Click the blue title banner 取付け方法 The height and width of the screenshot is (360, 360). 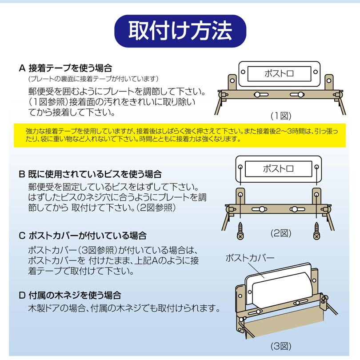(x=180, y=31)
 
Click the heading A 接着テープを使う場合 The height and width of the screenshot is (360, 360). (x=65, y=68)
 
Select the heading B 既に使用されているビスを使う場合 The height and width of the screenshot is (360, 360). (x=90, y=174)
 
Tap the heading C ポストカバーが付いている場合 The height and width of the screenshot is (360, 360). (x=83, y=236)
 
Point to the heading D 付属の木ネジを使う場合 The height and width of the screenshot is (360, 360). (x=70, y=295)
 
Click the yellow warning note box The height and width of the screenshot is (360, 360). (x=180, y=135)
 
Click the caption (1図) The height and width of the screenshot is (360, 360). (x=281, y=116)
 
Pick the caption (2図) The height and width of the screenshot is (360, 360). (x=281, y=233)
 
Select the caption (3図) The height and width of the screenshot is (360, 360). (x=281, y=346)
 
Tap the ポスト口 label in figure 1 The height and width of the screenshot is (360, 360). (x=279, y=73)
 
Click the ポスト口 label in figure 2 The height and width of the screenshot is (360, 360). (x=278, y=169)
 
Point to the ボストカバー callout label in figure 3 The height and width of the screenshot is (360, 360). (x=250, y=258)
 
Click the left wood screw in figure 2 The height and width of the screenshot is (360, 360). (x=240, y=231)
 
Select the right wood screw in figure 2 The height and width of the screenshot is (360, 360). (x=316, y=231)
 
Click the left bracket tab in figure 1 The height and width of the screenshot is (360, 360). (x=232, y=82)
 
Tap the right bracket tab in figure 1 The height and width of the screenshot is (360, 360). (x=329, y=82)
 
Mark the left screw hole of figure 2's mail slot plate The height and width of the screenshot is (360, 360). (x=240, y=167)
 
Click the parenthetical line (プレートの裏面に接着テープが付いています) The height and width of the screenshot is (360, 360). (x=93, y=79)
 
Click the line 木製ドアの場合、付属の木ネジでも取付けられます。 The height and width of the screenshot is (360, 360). (x=124, y=308)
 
